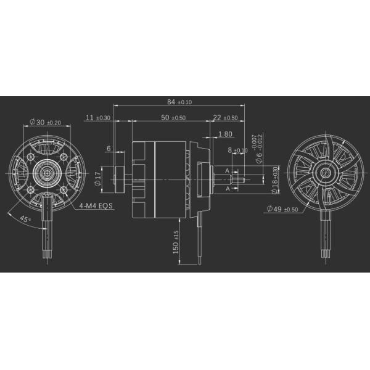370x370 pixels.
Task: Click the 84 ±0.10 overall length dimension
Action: pos(179,102)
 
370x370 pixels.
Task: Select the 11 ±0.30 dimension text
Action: pos(98,117)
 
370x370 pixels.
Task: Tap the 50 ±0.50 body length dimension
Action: pos(173,117)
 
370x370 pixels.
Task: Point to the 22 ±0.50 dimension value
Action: pos(225,117)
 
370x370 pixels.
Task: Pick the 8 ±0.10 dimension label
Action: pos(237,150)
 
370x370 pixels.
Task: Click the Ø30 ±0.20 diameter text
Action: pos(44,122)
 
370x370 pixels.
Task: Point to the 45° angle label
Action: pos(25,219)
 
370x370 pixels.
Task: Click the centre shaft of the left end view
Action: pos(46,175)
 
